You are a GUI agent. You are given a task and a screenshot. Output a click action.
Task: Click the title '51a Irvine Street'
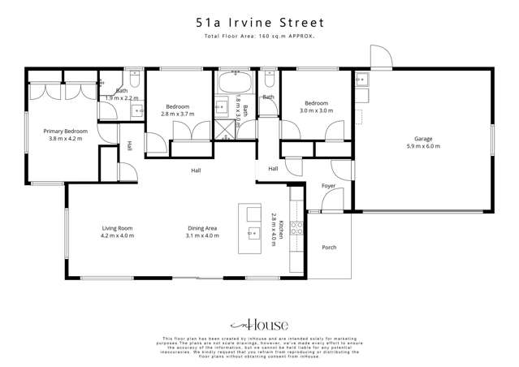(x=259, y=23)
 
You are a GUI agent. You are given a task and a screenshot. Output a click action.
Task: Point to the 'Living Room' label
(x=117, y=228)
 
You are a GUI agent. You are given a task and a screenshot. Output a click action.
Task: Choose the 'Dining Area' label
(x=202, y=228)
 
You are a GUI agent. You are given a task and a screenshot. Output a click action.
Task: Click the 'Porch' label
(x=329, y=247)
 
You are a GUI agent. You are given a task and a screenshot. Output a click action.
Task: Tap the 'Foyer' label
(x=328, y=186)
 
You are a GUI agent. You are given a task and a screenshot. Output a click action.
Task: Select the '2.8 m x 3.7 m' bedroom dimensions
(x=178, y=114)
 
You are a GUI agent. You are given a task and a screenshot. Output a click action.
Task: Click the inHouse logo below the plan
(x=259, y=322)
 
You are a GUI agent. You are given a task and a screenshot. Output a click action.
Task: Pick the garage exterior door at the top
(x=379, y=58)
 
